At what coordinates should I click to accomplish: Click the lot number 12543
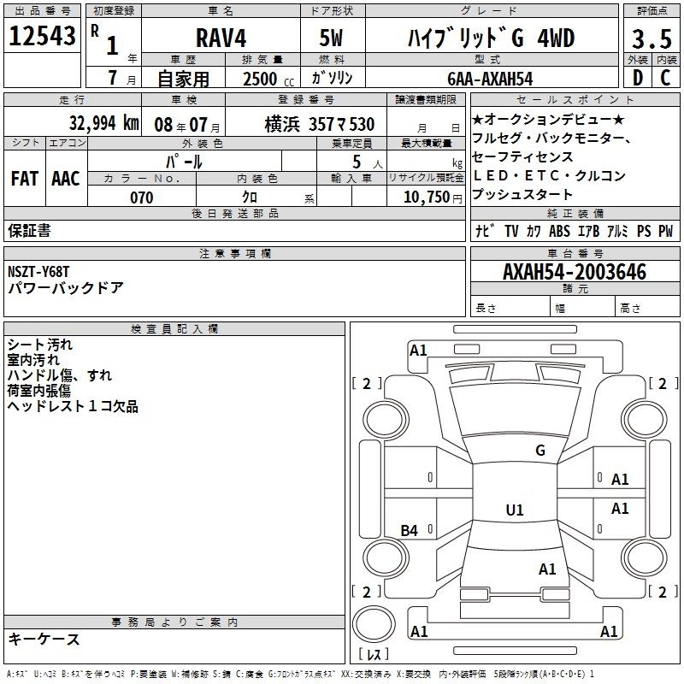[x=42, y=36]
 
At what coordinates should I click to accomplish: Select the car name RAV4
[x=221, y=38]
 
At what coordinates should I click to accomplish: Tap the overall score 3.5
[x=652, y=38]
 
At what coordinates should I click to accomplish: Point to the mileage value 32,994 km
[x=103, y=123]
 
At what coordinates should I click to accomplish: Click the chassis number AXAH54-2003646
[x=575, y=272]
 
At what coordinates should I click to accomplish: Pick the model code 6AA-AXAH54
[x=490, y=79]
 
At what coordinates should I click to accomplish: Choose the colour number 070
[x=142, y=198]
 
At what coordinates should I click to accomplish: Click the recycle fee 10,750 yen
[x=433, y=198]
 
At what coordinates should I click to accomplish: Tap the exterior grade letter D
[x=638, y=78]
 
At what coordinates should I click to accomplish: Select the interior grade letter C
[x=665, y=78]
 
